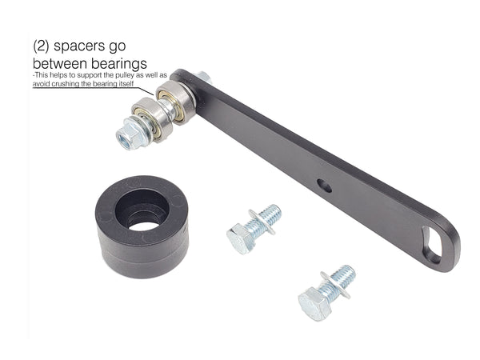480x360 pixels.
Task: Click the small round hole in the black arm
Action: pyautogui.click(x=323, y=185)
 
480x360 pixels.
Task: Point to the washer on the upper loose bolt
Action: pyautogui.click(x=260, y=222)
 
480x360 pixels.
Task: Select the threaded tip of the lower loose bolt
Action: pyautogui.click(x=346, y=274)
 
